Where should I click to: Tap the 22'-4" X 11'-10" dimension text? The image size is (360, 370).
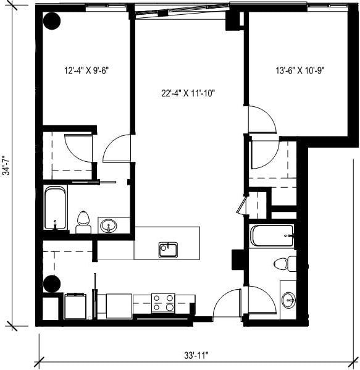coord(188,94)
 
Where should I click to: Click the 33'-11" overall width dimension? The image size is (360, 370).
coord(196,355)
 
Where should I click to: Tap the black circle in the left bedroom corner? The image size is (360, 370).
coord(52,22)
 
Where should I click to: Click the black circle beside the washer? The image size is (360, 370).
coord(52,284)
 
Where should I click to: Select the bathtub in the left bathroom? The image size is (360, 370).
coord(55,208)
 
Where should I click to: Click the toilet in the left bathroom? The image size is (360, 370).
coord(83,222)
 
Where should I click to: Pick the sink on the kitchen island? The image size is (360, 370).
coord(168,249)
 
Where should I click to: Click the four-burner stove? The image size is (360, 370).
coord(164,302)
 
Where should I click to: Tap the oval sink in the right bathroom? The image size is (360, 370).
coord(288,301)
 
